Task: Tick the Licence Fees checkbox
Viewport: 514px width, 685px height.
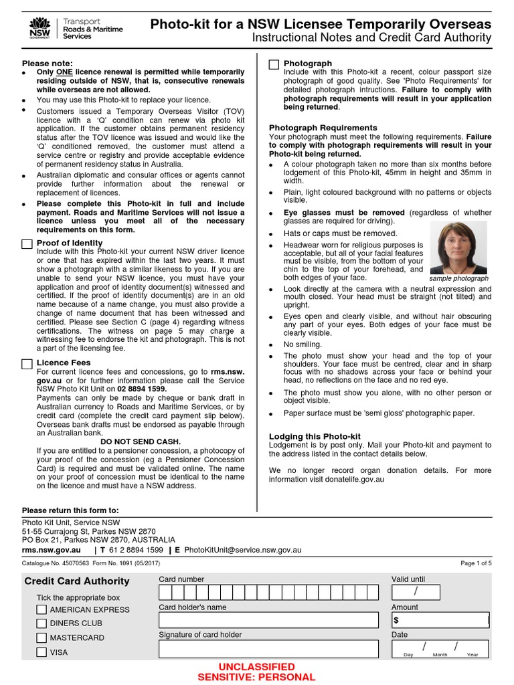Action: (27, 363)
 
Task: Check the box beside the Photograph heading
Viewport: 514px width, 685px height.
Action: (274, 64)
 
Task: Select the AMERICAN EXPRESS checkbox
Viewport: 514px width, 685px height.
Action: (41, 609)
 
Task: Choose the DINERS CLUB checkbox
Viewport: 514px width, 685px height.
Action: (41, 623)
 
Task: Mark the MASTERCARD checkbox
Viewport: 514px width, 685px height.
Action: (41, 638)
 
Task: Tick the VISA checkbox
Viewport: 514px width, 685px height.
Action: (41, 652)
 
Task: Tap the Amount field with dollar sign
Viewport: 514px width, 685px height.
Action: (440, 621)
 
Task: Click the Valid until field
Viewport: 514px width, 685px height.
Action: (416, 592)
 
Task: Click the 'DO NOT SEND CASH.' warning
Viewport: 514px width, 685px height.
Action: (141, 442)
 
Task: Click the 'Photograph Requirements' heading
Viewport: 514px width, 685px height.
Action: (323, 128)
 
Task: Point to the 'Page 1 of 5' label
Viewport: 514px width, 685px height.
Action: (476, 563)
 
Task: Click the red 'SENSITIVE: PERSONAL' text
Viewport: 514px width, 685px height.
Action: (256, 677)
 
